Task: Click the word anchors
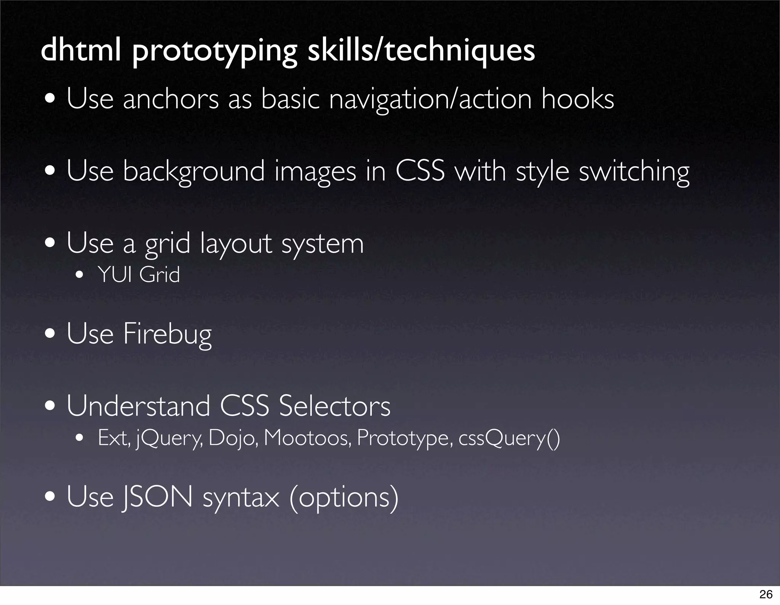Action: tap(171, 99)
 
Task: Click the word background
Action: tap(193, 172)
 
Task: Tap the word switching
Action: tap(634, 172)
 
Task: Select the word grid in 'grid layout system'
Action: tap(167, 244)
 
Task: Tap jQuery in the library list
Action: tap(169, 438)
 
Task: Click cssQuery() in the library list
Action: tap(509, 438)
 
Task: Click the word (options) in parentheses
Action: tap(344, 497)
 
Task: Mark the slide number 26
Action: tap(766, 594)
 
